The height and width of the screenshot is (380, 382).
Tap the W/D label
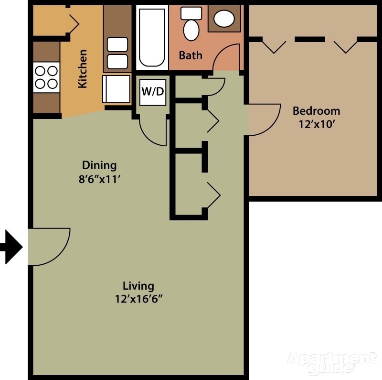click(x=153, y=91)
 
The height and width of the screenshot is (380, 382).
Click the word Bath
click(x=191, y=55)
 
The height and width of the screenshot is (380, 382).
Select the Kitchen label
click(x=83, y=69)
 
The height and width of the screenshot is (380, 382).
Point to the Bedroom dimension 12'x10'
click(x=316, y=124)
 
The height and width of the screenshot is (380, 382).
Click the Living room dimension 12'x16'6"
click(x=138, y=299)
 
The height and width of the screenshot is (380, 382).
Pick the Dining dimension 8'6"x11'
click(x=99, y=181)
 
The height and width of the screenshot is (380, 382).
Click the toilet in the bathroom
click(x=191, y=27)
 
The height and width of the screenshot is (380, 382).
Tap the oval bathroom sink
click(x=223, y=19)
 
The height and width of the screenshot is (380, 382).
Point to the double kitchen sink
click(x=117, y=53)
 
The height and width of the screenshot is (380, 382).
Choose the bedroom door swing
click(x=263, y=119)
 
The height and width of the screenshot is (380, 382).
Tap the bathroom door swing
click(x=226, y=57)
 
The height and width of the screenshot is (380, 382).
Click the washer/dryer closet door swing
click(x=154, y=130)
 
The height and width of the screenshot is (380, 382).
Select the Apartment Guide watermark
click(x=330, y=362)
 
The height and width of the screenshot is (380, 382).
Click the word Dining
click(x=99, y=165)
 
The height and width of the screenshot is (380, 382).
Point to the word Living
click(x=138, y=286)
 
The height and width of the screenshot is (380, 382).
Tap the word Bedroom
click(x=316, y=111)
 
